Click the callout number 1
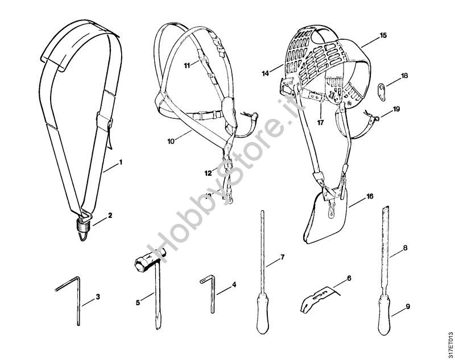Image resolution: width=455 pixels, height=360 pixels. click(x=121, y=163)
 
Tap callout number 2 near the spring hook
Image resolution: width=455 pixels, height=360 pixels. click(x=111, y=216)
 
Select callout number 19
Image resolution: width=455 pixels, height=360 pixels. click(x=396, y=108)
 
